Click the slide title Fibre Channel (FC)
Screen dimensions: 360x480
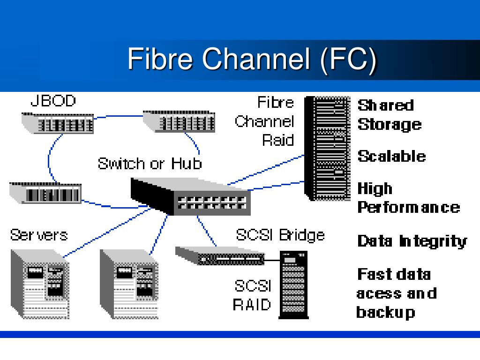pos(252,60)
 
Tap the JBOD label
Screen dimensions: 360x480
pos(52,101)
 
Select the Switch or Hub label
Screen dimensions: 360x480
pos(150,164)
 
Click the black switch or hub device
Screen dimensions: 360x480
pos(190,197)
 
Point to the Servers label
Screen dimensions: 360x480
pos(39,234)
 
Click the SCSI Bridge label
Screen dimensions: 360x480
pos(280,234)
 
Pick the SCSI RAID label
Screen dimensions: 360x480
pos(253,295)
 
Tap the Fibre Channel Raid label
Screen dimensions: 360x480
pos(265,121)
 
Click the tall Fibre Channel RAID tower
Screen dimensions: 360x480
pos(327,148)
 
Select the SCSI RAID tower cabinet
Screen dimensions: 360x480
pos(294,283)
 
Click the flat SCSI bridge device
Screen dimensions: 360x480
pos(219,256)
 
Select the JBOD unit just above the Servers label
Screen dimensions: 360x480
pos(45,192)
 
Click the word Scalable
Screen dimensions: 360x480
pos(391,156)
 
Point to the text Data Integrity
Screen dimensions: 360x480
pos(412,241)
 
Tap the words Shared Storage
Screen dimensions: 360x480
pos(389,115)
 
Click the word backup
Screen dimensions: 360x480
pos(385,312)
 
